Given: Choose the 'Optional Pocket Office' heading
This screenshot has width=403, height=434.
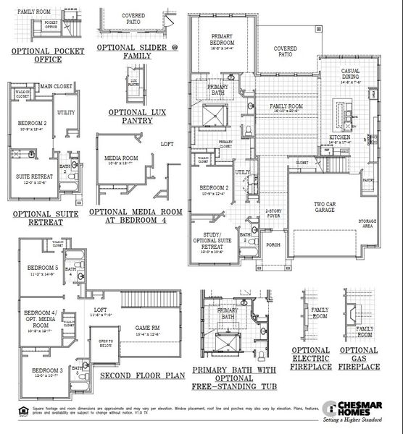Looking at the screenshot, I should pyautogui.click(x=48, y=56).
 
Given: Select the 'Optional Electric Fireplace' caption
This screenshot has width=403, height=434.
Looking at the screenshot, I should pyautogui.click(x=311, y=358).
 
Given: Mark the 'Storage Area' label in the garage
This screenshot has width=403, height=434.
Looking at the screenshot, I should pyautogui.click(x=369, y=224).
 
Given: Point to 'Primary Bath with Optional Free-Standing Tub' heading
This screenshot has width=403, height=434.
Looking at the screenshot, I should pyautogui.click(x=233, y=378).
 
